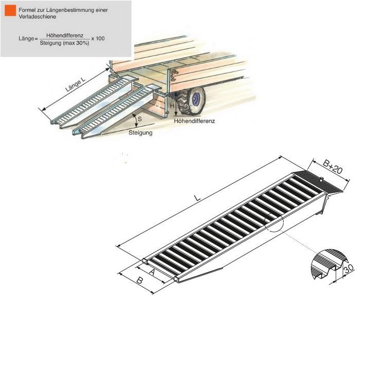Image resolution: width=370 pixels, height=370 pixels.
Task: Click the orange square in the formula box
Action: tap(10, 11)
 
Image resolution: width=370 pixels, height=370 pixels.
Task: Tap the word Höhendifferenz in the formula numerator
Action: tap(65, 35)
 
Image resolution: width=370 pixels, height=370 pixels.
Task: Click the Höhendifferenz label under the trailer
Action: tap(194, 121)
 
